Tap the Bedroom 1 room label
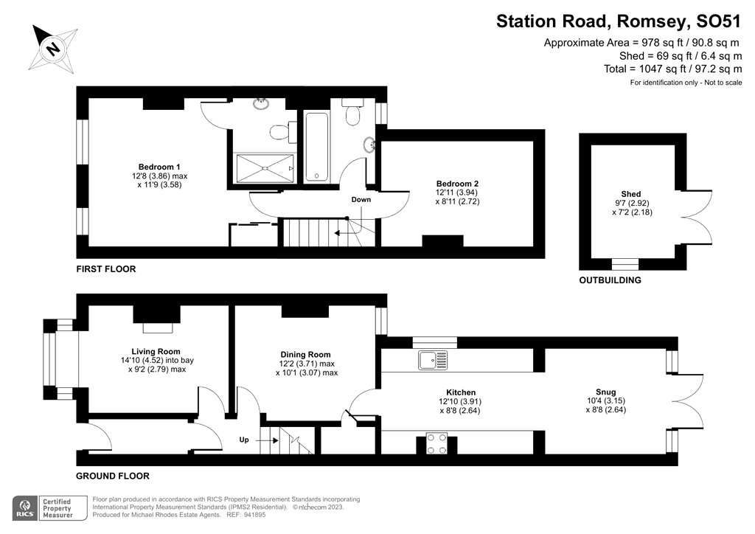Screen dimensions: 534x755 [159, 166]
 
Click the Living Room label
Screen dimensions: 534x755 [156, 351]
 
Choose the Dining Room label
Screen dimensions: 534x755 [305, 354]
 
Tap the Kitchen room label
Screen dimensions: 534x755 [461, 392]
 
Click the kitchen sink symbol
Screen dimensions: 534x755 [433, 360]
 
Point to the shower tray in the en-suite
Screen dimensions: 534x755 [265, 167]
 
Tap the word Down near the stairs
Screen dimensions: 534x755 [361, 200]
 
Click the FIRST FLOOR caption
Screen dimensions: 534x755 [106, 269]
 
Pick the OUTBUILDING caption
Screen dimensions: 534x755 [610, 280]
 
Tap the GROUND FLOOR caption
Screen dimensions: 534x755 [113, 476]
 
